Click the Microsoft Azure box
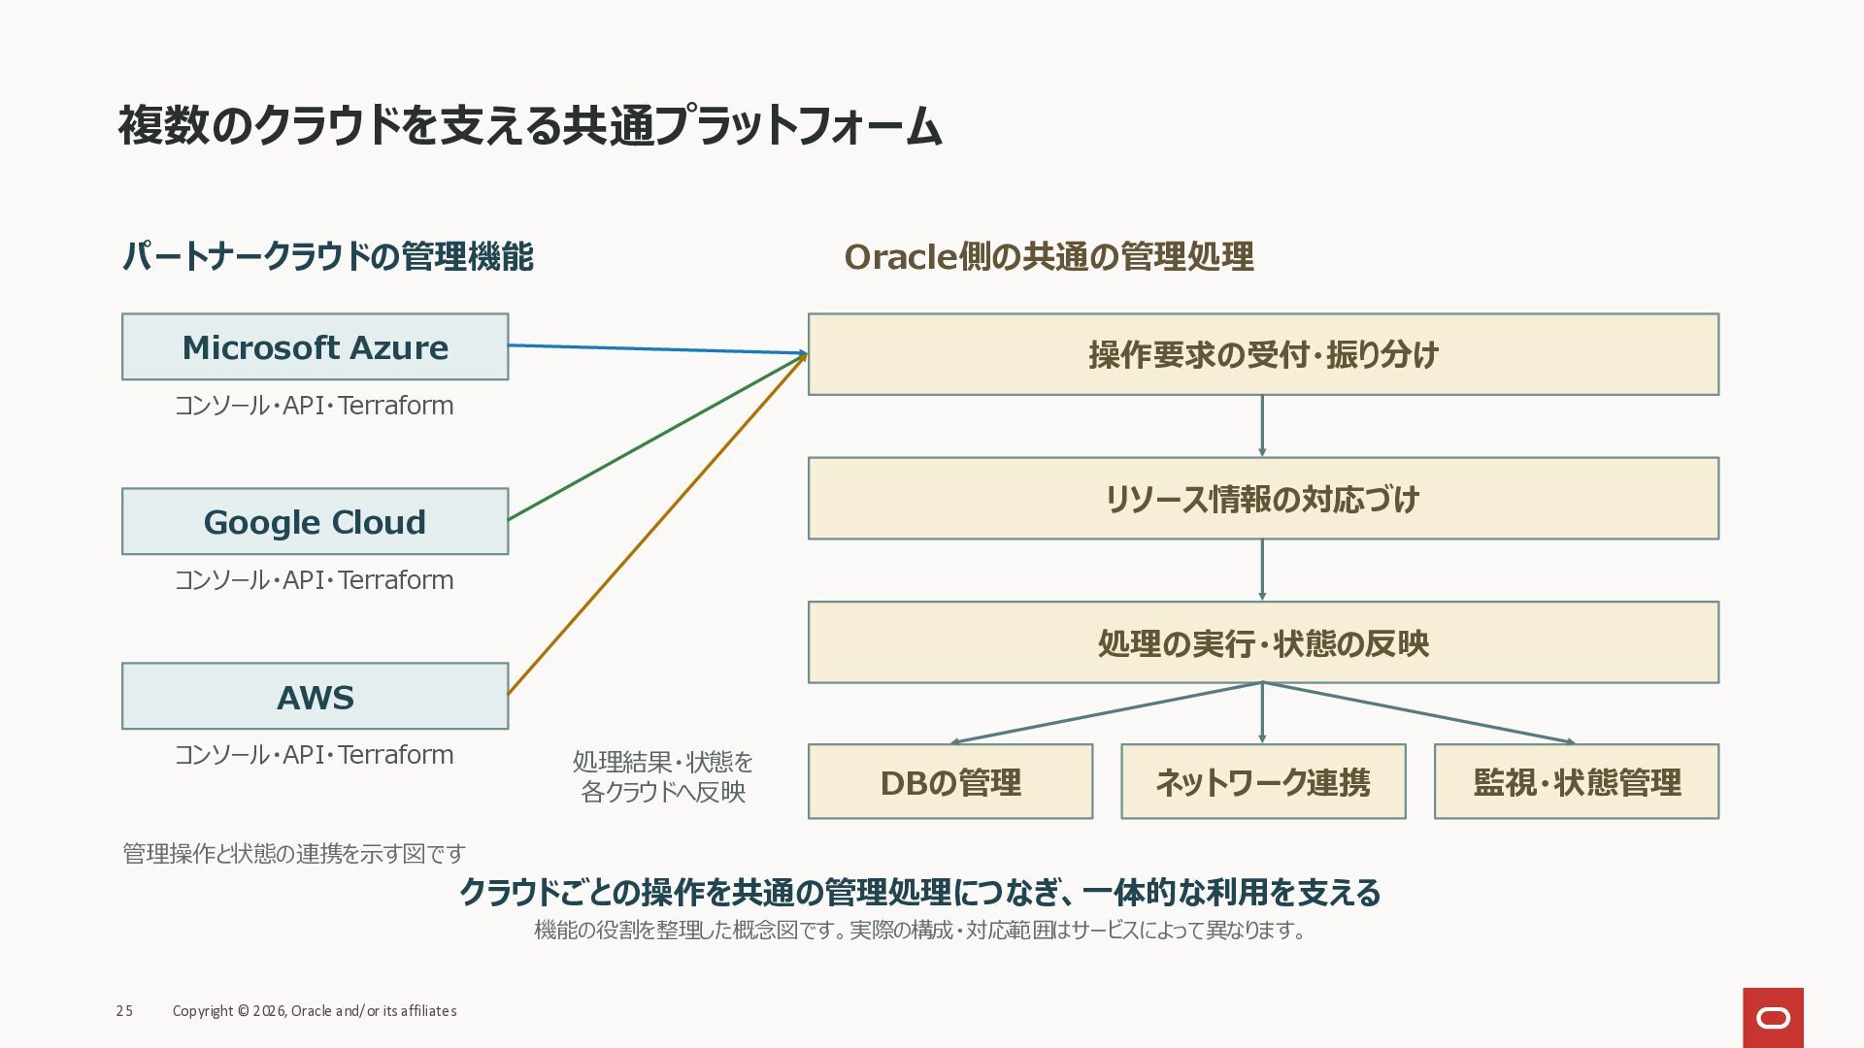315,346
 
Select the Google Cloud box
315,521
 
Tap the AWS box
315,696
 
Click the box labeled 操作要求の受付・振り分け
1263,354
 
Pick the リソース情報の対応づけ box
1263,498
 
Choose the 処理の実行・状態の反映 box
1263,642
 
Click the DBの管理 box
950,781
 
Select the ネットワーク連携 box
1263,781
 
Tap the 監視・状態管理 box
1577,781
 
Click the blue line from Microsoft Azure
657,349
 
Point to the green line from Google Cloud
657,438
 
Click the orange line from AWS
657,525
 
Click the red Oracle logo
1773,1018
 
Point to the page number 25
124,1011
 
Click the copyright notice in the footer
315,1011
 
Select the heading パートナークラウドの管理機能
328,257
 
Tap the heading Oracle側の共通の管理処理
1048,257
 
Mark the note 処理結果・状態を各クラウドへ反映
663,776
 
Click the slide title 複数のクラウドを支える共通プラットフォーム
530,126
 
